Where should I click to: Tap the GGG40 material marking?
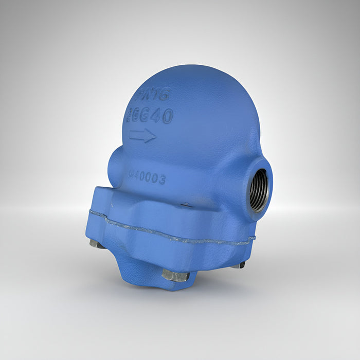(x=149, y=116)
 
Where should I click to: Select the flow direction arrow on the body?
(x=142, y=136)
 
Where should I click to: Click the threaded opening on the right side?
(x=259, y=191)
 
